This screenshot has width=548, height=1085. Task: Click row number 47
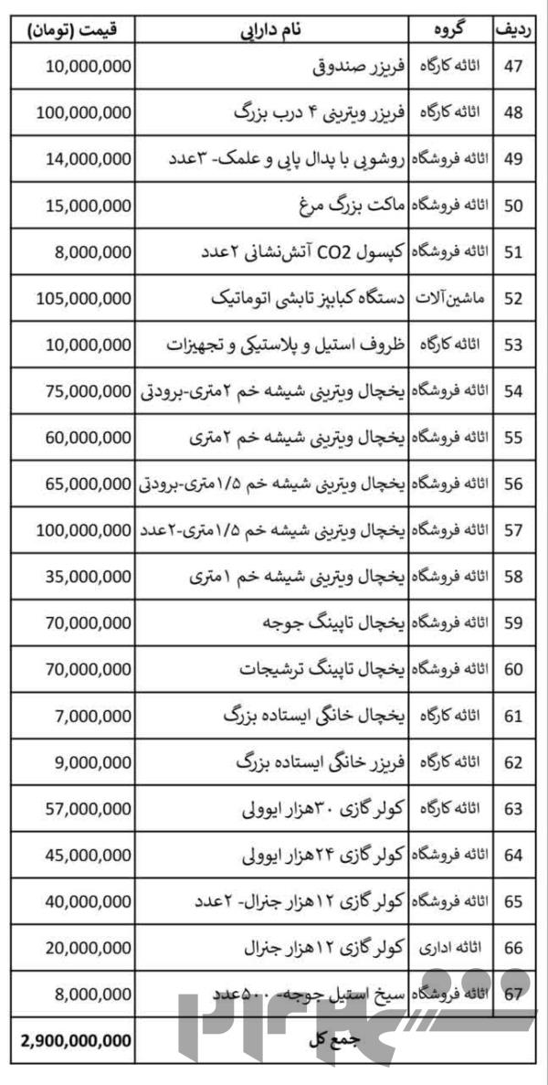click(512, 67)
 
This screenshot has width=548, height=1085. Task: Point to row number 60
click(512, 669)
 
